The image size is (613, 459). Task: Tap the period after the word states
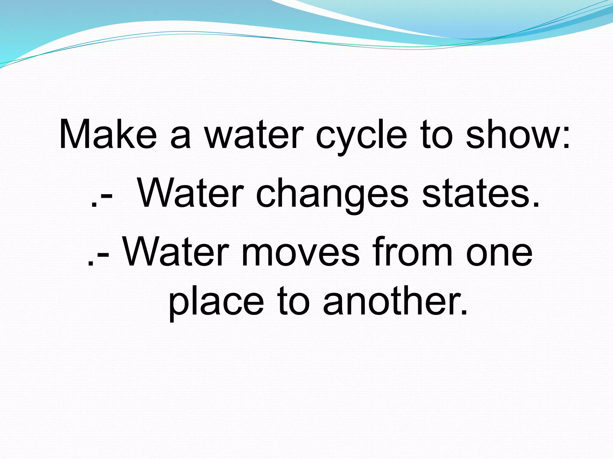tap(535, 205)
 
